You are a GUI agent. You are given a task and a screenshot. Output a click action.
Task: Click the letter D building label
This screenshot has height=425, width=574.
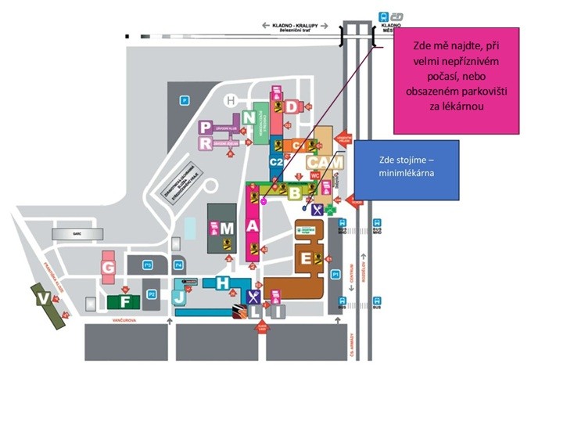click(292, 106)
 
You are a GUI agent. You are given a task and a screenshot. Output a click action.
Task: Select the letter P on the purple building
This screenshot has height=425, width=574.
click(206, 127)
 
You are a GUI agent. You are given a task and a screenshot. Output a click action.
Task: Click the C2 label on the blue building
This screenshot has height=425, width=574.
click(275, 161)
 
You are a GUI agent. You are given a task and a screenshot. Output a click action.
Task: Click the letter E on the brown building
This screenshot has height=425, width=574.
click(307, 258)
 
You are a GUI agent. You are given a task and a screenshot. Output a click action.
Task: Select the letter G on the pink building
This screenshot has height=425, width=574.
click(109, 268)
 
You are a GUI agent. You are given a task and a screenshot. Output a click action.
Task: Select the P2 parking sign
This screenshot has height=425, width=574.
click(151, 294)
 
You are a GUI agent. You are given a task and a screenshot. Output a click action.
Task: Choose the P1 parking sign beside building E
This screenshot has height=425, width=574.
click(335, 274)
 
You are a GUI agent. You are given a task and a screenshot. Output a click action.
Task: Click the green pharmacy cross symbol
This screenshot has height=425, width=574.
click(330, 210)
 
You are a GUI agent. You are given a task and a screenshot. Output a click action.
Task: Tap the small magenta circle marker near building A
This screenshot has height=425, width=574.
click(263, 201)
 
